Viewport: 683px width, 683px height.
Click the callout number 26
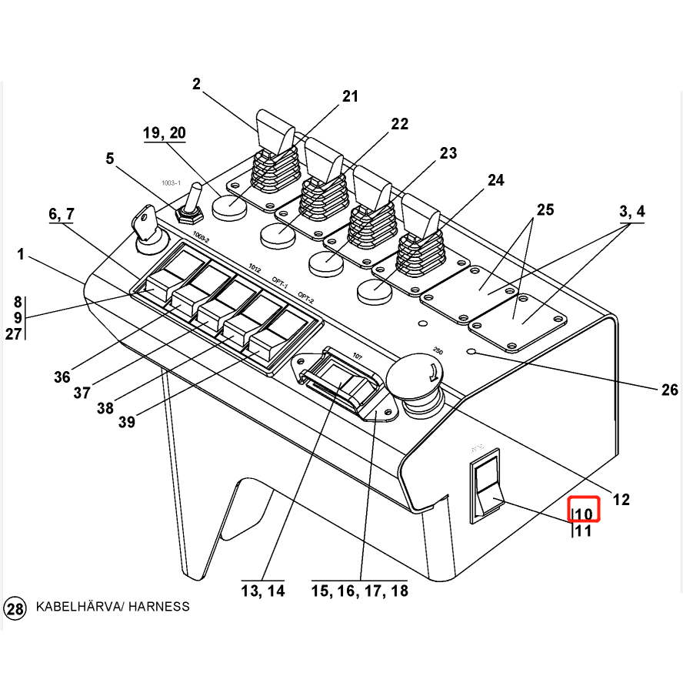669,390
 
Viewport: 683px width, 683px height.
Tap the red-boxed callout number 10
584,514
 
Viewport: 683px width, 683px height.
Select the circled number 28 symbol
15,608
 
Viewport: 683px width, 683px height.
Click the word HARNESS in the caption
159,607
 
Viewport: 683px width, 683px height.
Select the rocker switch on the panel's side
485,485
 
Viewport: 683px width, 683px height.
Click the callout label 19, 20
164,133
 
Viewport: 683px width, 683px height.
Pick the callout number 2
196,84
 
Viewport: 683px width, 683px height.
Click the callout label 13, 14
263,591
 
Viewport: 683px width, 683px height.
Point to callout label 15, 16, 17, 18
359,591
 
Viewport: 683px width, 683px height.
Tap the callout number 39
127,421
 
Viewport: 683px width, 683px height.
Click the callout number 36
62,377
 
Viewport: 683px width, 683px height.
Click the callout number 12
621,500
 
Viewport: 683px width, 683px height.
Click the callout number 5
110,159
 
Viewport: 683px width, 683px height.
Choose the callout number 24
495,181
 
